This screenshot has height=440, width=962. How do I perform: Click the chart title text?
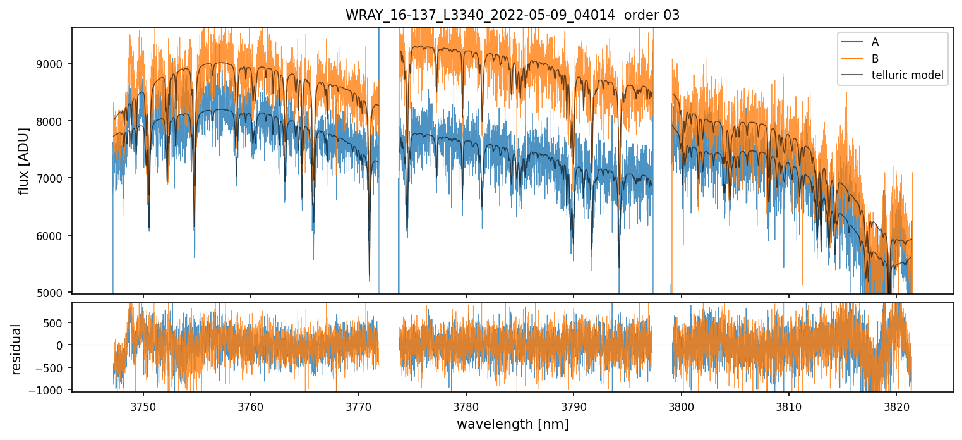(x=512, y=15)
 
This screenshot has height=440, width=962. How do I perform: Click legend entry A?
(x=875, y=42)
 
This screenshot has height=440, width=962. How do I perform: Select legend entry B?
(x=875, y=59)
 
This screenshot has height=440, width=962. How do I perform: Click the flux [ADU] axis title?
(x=24, y=161)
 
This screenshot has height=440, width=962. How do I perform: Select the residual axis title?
(x=16, y=349)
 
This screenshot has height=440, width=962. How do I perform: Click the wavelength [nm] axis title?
(x=512, y=424)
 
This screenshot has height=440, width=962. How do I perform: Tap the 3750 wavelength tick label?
(x=143, y=405)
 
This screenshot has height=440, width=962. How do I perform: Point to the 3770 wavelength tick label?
(x=358, y=405)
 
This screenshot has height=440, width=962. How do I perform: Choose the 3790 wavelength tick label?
(x=574, y=405)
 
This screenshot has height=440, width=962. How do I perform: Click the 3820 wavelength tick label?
(x=896, y=405)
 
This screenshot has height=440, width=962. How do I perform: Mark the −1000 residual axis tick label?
(x=51, y=390)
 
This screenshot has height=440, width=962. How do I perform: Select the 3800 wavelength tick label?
(x=681, y=405)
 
